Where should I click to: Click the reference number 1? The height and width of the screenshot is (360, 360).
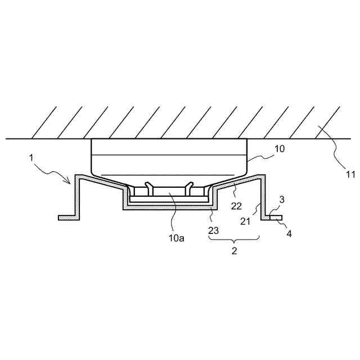[31, 158]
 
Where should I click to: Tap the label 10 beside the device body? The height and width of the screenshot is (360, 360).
[280, 149]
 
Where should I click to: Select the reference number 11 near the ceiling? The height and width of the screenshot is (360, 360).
[350, 175]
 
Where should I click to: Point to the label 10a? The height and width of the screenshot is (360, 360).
[176, 238]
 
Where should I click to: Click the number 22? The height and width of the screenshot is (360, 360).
[236, 206]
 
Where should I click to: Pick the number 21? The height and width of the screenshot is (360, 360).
[245, 222]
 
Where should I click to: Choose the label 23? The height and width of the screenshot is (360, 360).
[213, 230]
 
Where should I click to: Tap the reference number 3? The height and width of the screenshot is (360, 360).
[282, 200]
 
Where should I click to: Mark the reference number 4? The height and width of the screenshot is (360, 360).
[289, 234]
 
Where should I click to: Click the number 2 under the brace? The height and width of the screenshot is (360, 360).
[234, 251]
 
